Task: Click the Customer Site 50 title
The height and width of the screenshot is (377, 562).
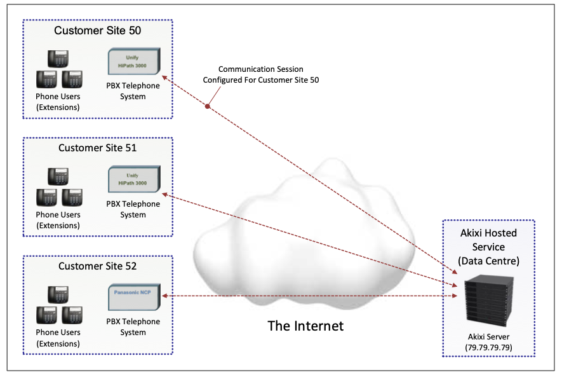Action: tap(98, 31)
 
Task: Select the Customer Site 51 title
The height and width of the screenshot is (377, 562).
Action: tap(98, 148)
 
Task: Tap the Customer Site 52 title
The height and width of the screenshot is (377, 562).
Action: tap(98, 266)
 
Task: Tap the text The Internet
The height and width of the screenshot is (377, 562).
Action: tap(305, 326)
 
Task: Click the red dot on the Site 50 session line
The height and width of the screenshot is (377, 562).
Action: tap(208, 106)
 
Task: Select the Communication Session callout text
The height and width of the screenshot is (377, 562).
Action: tap(260, 74)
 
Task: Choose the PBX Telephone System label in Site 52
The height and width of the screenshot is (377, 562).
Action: tap(133, 327)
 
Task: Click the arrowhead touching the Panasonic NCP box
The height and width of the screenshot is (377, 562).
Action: tap(164, 296)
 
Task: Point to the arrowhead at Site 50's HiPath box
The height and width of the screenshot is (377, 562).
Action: tap(164, 78)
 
